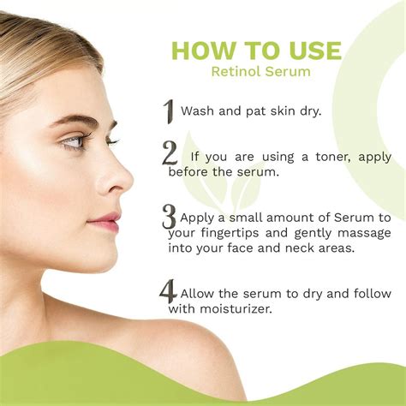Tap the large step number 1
click(x=169, y=111)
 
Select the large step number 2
click(x=170, y=154)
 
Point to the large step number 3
click(x=169, y=216)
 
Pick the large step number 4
click(x=168, y=292)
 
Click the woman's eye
click(x=76, y=140)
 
